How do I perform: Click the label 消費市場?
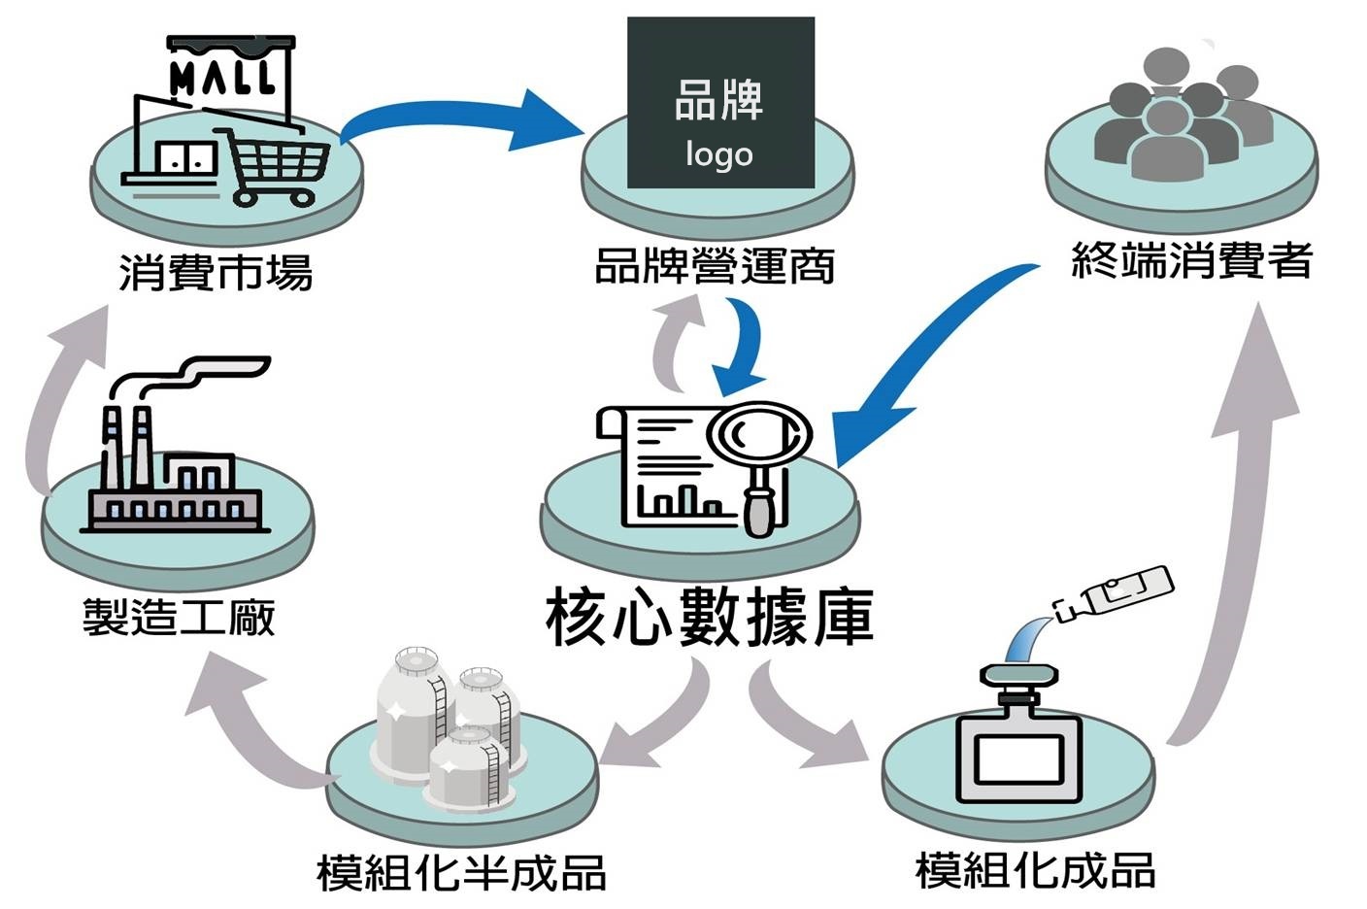(216, 272)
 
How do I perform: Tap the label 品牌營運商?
(715, 266)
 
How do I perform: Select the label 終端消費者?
(1191, 260)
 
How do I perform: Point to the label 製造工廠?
(179, 617)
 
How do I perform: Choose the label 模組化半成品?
(461, 872)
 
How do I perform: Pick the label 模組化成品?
(1035, 870)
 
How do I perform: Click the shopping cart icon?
(277, 165)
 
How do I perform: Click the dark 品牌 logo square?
(720, 102)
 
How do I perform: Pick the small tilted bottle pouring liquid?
(1117, 592)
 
